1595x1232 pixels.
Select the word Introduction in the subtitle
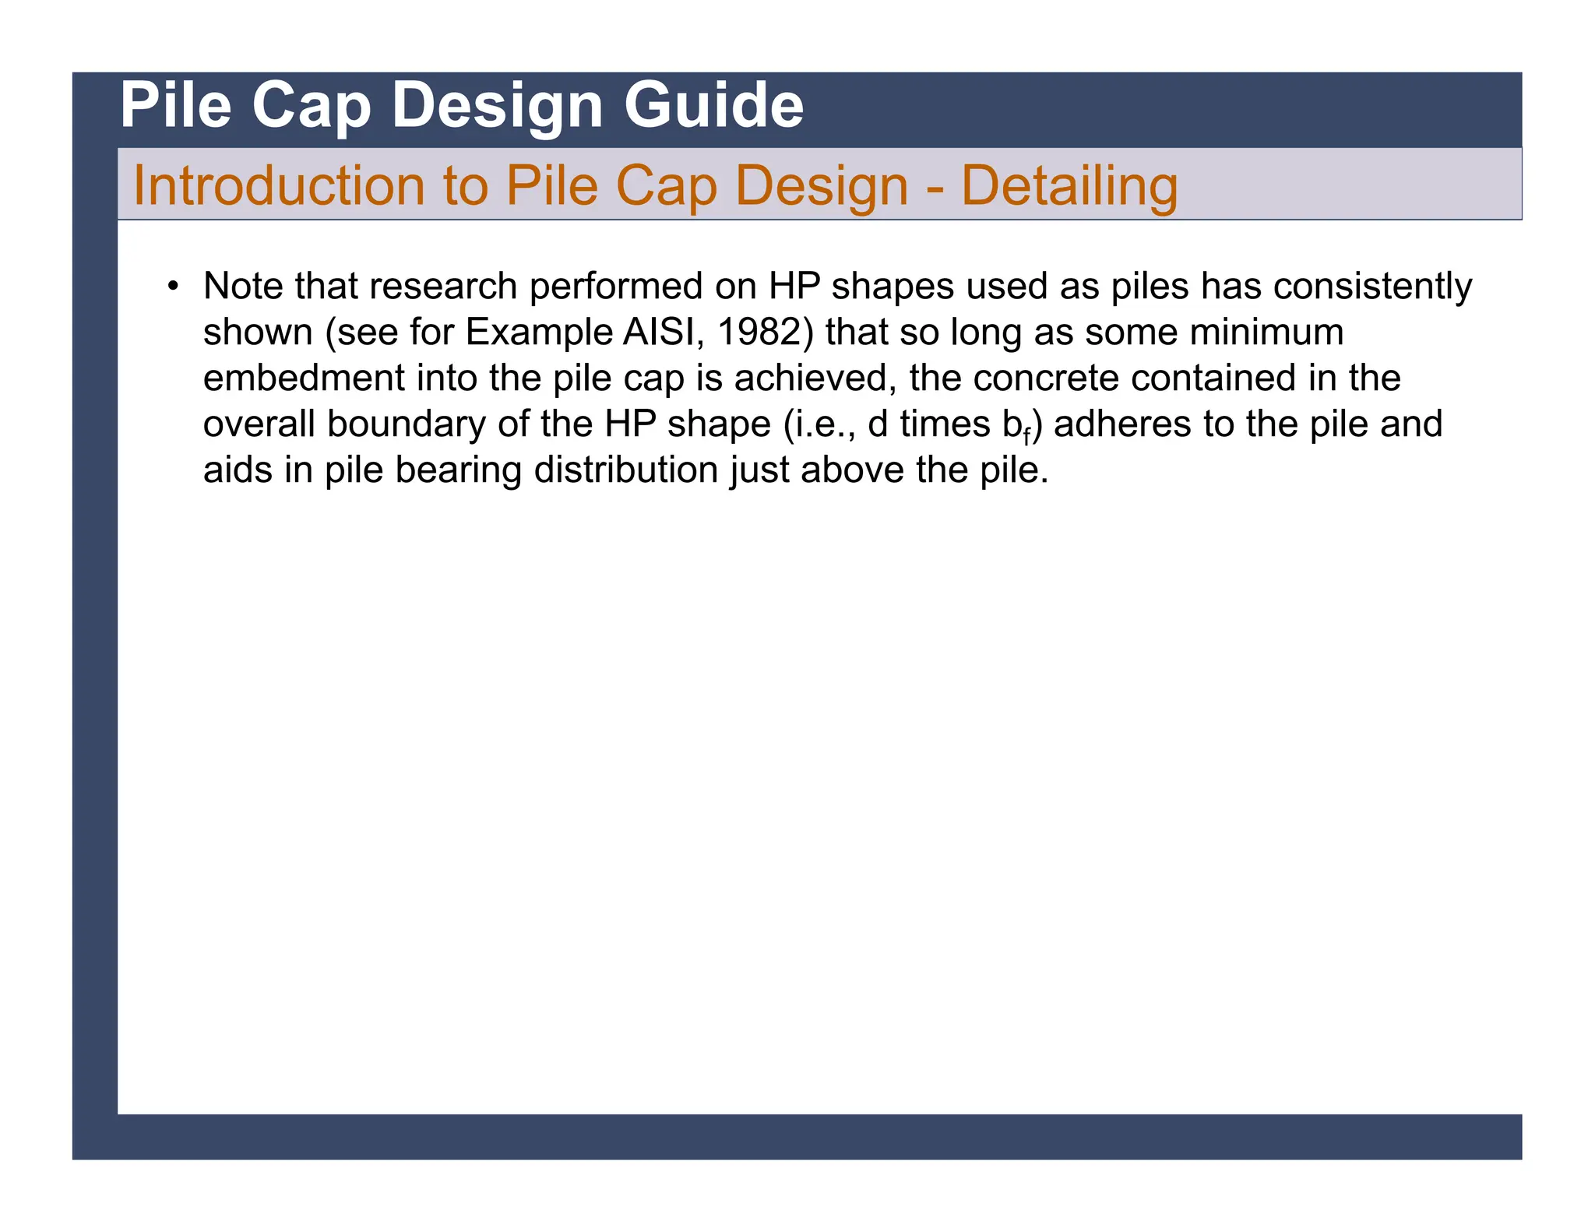pos(278,186)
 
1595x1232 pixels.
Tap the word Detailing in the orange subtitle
pos(1069,186)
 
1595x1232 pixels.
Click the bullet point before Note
pos(173,286)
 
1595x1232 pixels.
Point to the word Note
pos(243,286)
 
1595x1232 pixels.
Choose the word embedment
pos(304,378)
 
